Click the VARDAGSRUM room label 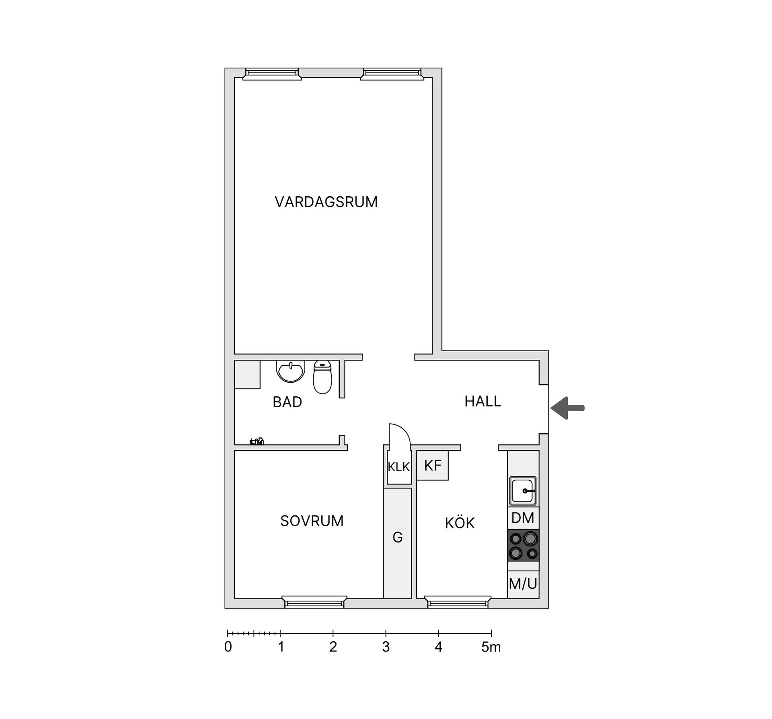(x=326, y=202)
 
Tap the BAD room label (x=287, y=402)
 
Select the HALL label (x=482, y=401)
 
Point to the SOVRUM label (x=312, y=521)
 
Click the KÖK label (x=460, y=523)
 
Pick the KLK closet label (x=398, y=467)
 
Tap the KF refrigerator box (x=433, y=466)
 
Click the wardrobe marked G (x=397, y=538)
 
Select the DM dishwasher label (x=523, y=518)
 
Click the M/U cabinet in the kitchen (x=523, y=584)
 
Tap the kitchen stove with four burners (x=523, y=545)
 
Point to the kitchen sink (x=523, y=491)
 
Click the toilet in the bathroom (x=322, y=377)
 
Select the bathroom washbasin (x=290, y=371)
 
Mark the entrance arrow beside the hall (x=567, y=408)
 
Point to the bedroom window (x=314, y=602)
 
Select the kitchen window (x=458, y=602)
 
